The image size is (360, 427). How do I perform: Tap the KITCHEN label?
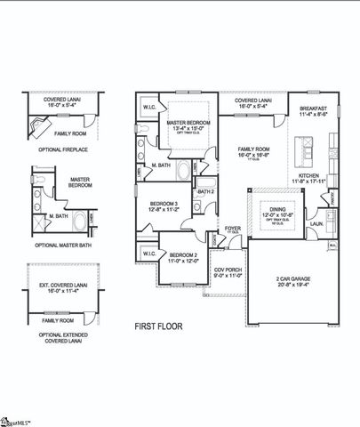pyautogui.click(x=308, y=176)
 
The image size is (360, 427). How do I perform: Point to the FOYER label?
pyautogui.click(x=233, y=227)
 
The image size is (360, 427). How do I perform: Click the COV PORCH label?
pyautogui.click(x=228, y=270)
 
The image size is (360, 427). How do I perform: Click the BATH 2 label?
pyautogui.click(x=206, y=190)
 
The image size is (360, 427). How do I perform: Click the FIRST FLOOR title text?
pyautogui.click(x=158, y=326)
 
